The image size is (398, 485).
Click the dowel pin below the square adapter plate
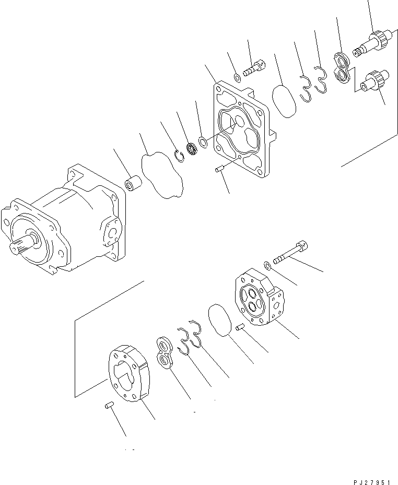pyautogui.click(x=219, y=169)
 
